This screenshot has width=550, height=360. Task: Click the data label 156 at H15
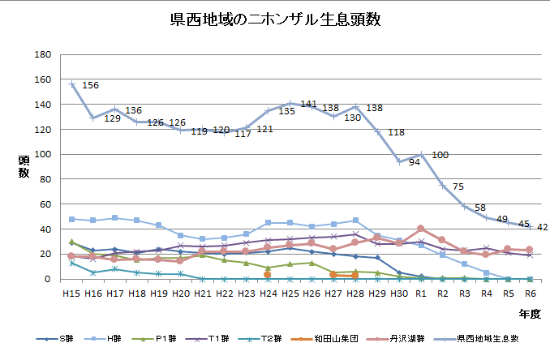click(x=92, y=86)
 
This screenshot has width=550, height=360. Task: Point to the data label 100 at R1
click(x=440, y=155)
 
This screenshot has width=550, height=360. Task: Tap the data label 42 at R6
click(x=543, y=227)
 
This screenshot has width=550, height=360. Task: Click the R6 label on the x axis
click(x=530, y=293)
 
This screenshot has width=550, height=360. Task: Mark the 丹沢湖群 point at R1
click(x=421, y=229)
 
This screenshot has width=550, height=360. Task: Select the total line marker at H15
click(x=72, y=84)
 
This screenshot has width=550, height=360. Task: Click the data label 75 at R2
click(x=458, y=186)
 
